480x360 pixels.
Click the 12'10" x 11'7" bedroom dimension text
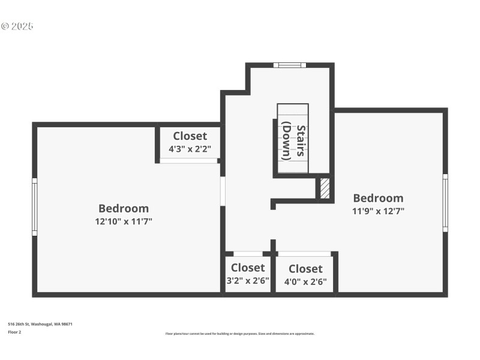coord(123,221)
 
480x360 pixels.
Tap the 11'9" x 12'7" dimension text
coord(378,211)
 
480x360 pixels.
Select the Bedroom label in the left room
coord(123,208)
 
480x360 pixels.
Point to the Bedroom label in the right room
coord(378,198)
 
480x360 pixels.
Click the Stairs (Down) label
coord(294,141)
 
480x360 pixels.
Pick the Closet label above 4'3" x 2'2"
coord(190,136)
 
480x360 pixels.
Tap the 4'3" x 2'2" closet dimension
coord(190,149)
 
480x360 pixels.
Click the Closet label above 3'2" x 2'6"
coord(247,268)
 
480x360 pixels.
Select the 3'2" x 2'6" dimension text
coord(247,280)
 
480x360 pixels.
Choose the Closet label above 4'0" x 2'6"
coord(305,269)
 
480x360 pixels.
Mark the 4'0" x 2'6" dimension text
coord(305,281)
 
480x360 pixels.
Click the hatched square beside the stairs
coord(325,188)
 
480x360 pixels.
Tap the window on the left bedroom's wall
coord(35,207)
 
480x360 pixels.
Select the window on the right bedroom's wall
coord(445,203)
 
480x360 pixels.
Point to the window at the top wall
coord(289,65)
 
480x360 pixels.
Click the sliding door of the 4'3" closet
coord(188,161)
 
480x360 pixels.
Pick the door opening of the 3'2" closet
coord(247,254)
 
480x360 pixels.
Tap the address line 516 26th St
coord(40,324)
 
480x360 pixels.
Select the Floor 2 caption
coord(14,332)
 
